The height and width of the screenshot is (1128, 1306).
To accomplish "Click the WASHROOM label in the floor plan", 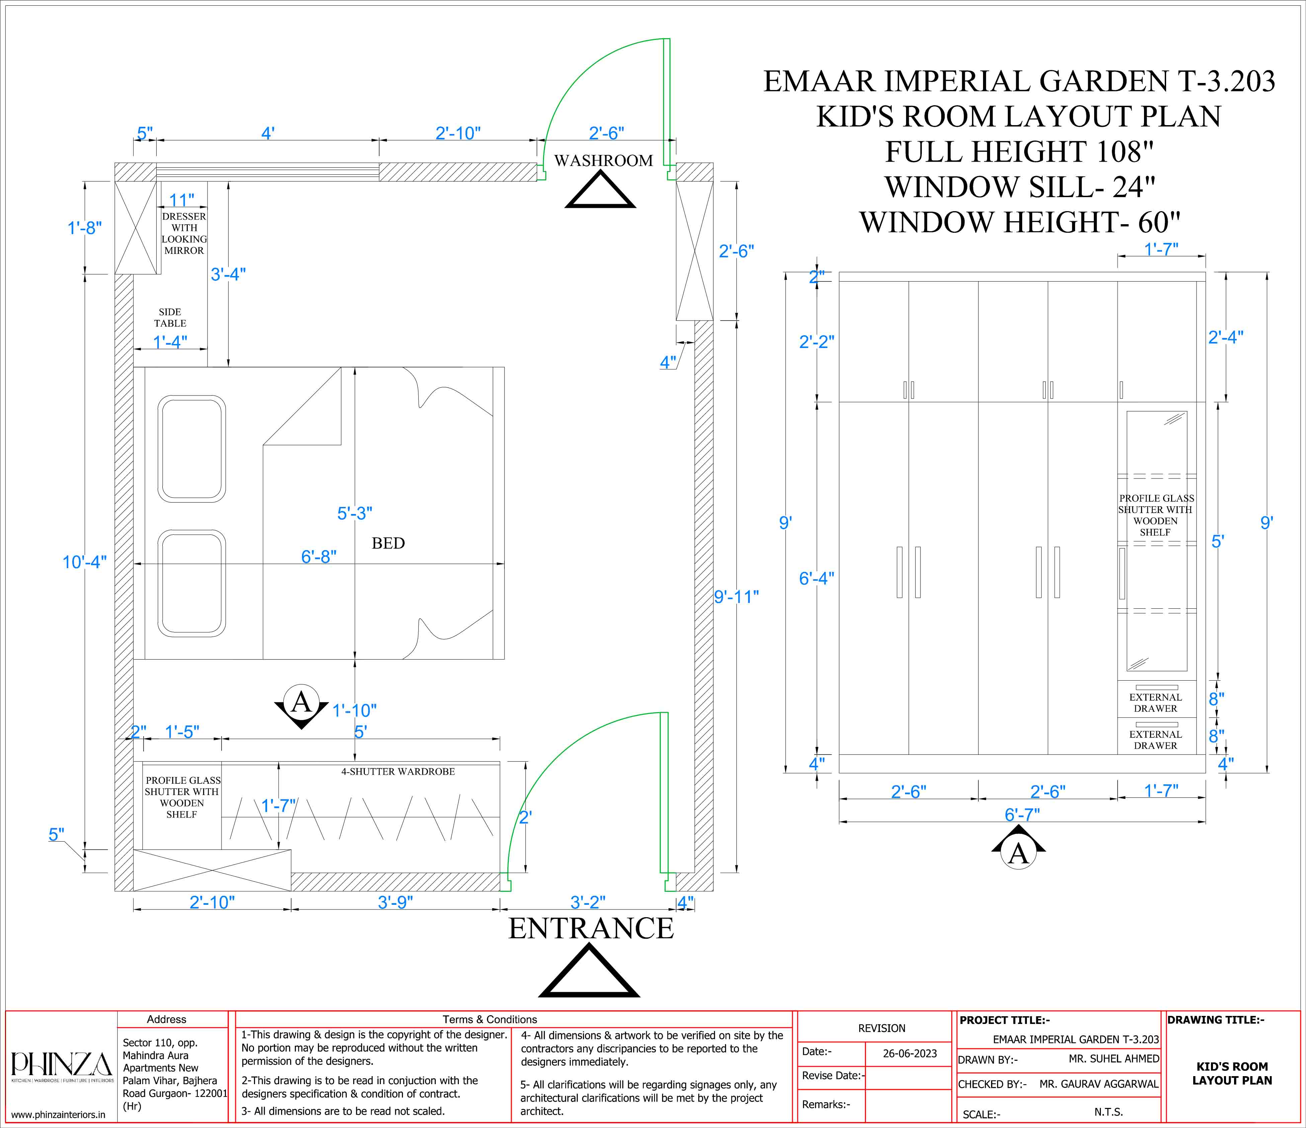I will (603, 161).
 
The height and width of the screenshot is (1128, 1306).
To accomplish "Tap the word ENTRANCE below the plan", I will (591, 928).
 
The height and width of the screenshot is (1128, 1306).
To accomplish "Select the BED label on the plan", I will (388, 543).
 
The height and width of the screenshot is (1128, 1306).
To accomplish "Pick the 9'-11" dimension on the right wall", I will (736, 596).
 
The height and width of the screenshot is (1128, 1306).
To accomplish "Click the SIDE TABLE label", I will (170, 318).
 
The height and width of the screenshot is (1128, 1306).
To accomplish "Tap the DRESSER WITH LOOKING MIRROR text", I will (184, 233).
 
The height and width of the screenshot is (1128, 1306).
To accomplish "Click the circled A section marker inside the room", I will (301, 703).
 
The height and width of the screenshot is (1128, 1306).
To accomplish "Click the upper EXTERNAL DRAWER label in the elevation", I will (1155, 703).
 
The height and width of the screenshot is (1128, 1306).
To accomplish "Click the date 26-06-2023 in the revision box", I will (909, 1053).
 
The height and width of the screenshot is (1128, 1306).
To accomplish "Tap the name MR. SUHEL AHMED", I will (1114, 1059).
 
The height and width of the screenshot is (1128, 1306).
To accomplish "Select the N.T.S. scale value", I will (1109, 1112).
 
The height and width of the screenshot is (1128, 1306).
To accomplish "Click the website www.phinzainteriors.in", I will (59, 1114).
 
